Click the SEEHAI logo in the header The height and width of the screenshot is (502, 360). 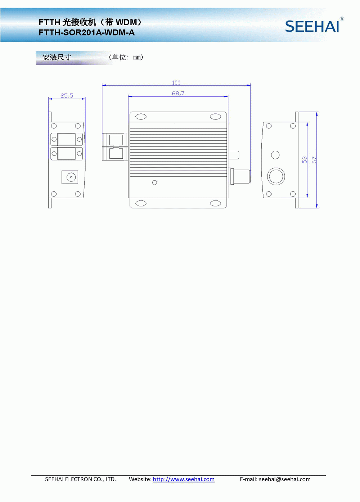[312, 26]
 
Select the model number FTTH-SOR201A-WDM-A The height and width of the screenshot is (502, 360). [86, 33]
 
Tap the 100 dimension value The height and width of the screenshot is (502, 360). [176, 83]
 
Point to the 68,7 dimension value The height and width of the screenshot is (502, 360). [178, 93]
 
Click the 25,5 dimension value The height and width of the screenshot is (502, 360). [67, 96]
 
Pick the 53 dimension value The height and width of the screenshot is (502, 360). [305, 160]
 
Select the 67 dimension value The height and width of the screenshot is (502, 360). [314, 160]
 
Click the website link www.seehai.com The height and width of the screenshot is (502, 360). [184, 479]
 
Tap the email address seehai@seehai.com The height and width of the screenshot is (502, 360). [285, 479]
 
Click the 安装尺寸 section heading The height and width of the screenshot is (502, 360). [57, 57]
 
